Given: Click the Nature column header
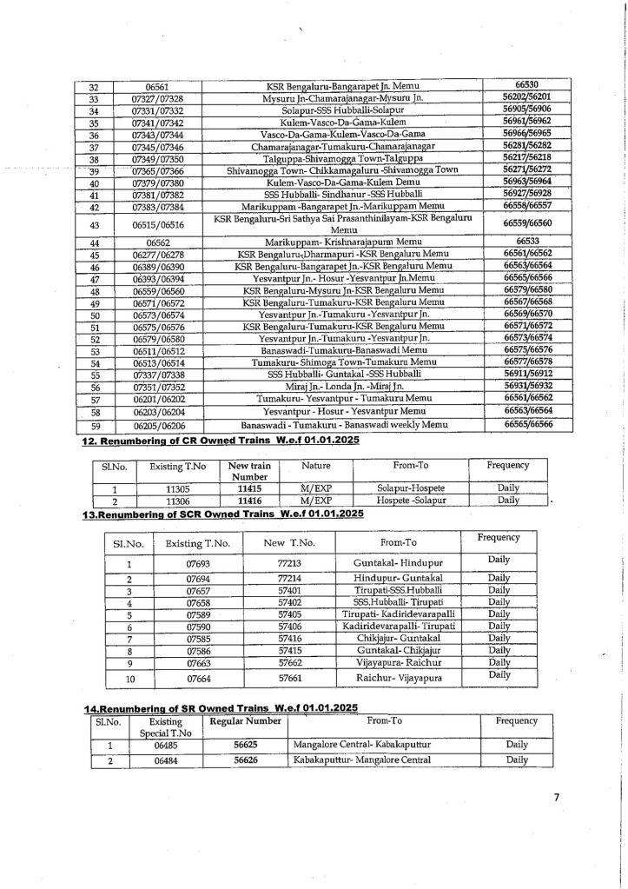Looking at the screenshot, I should pos(316,467).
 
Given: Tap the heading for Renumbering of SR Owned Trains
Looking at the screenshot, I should pos(220,709).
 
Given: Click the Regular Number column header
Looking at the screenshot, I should pos(251,721).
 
